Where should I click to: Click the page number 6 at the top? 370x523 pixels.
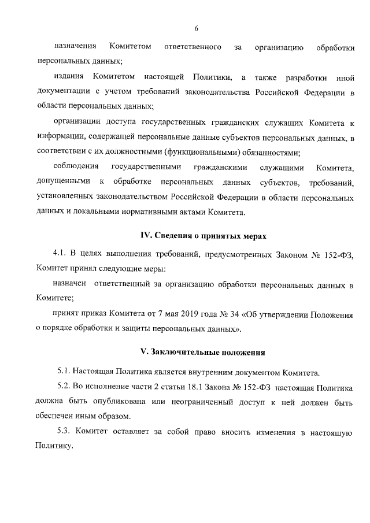point(197,28)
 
